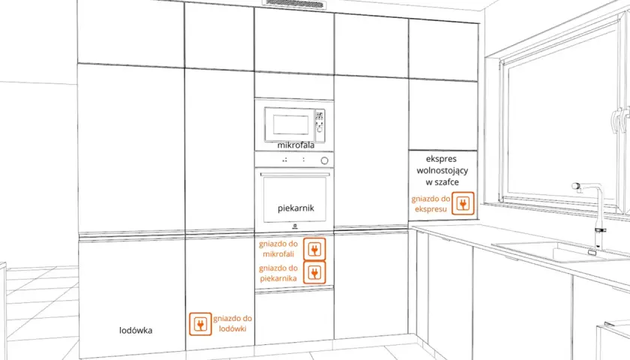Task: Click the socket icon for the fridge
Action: (200, 324)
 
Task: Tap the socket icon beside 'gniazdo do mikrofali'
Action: (314, 249)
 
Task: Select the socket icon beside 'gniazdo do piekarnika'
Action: (314, 272)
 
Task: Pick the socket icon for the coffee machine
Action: (463, 203)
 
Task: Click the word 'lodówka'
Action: (136, 330)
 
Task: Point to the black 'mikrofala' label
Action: (295, 145)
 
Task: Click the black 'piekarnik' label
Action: (295, 208)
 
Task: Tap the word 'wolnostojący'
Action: (442, 170)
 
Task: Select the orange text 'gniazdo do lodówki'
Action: (232, 323)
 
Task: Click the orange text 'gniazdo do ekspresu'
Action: (430, 204)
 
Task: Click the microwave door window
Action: (291, 125)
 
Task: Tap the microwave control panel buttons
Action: (319, 121)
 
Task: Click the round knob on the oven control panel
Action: (324, 160)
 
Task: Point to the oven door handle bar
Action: (295, 174)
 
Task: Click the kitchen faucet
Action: (592, 216)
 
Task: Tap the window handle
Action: (617, 120)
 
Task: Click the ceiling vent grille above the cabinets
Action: (294, 4)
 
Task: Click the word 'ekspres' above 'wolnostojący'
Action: (441, 159)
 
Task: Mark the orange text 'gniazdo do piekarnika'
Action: (278, 273)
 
